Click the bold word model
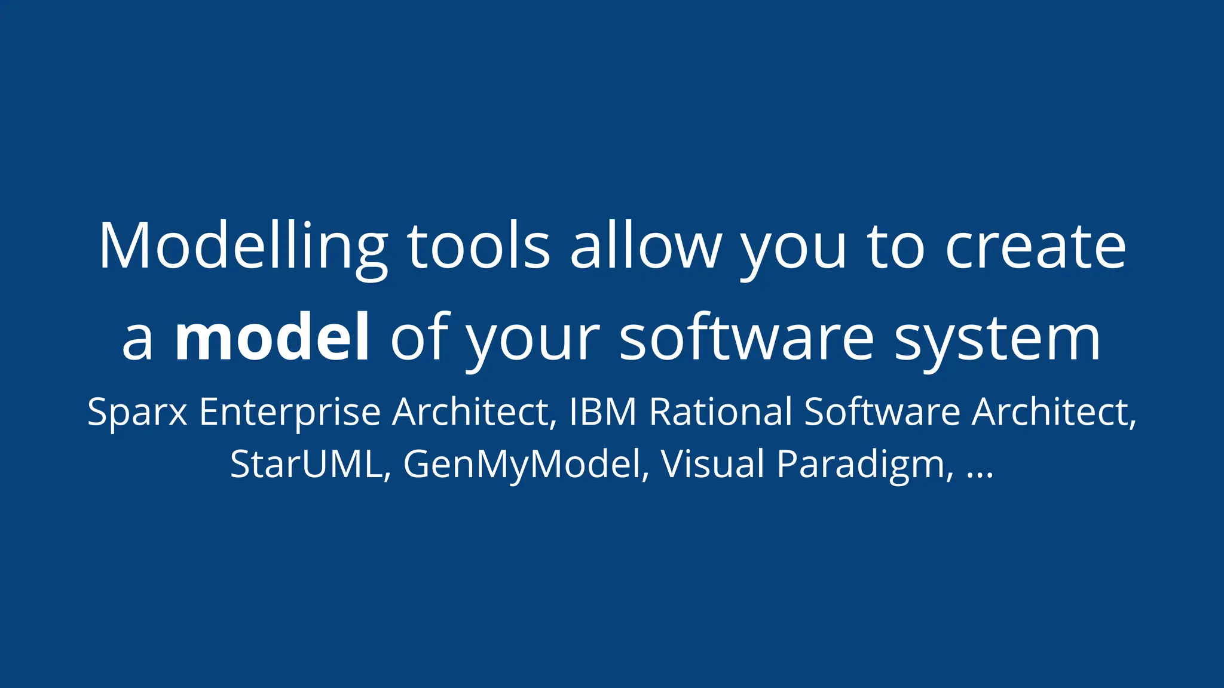[x=272, y=338]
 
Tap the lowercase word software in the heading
[x=747, y=338]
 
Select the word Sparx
[x=137, y=413]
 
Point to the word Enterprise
[x=290, y=413]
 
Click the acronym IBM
[x=602, y=412]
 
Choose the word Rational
[x=721, y=412]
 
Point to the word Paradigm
[x=861, y=465]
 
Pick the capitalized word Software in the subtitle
[x=882, y=412]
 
